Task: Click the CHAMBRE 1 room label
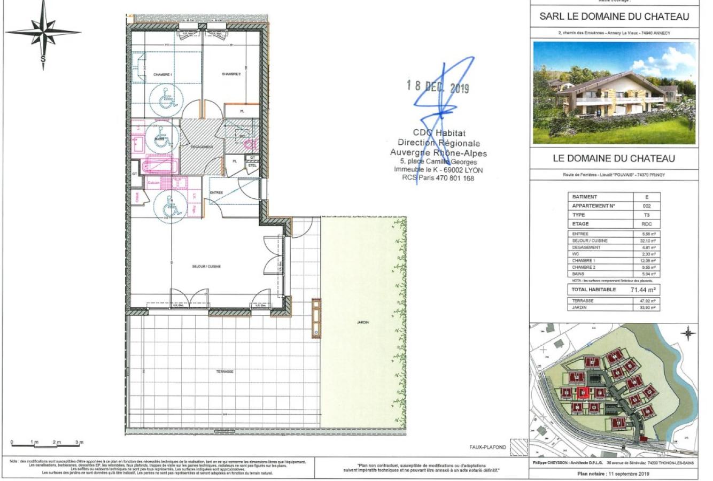(162, 75)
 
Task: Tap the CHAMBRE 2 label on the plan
(231, 74)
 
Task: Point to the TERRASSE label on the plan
(226, 371)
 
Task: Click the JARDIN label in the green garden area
(363, 322)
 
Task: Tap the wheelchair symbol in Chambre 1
(168, 98)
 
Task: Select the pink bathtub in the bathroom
(159, 165)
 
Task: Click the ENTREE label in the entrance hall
(216, 192)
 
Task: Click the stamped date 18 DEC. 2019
(437, 87)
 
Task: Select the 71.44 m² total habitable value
(644, 290)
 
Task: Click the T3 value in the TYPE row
(649, 215)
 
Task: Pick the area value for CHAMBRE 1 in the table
(649, 260)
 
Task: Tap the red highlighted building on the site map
(583, 393)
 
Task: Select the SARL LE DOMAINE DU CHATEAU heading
(614, 17)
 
